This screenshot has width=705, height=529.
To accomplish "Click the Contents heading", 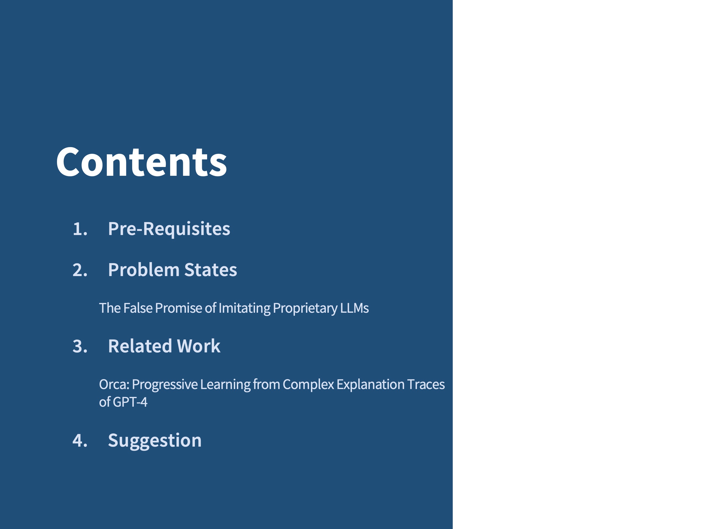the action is pyautogui.click(x=142, y=162).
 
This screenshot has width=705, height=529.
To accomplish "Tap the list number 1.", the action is pyautogui.click(x=80, y=229).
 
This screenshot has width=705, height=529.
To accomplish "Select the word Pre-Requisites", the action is pyautogui.click(x=169, y=229).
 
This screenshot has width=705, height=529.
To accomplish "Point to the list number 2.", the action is pyautogui.click(x=80, y=270).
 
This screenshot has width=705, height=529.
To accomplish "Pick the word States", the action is pyautogui.click(x=211, y=270).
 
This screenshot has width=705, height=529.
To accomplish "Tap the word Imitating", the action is pyautogui.click(x=245, y=308).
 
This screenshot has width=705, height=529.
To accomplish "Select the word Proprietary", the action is pyautogui.click(x=305, y=308).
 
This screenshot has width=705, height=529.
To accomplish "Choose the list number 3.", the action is pyautogui.click(x=80, y=346).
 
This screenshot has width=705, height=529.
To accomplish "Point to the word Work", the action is pyautogui.click(x=199, y=346).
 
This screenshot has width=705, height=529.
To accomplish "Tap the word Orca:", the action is pyautogui.click(x=114, y=385).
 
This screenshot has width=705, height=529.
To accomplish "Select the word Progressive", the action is pyautogui.click(x=165, y=385).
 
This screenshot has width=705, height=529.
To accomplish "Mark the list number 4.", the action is pyautogui.click(x=80, y=441).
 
